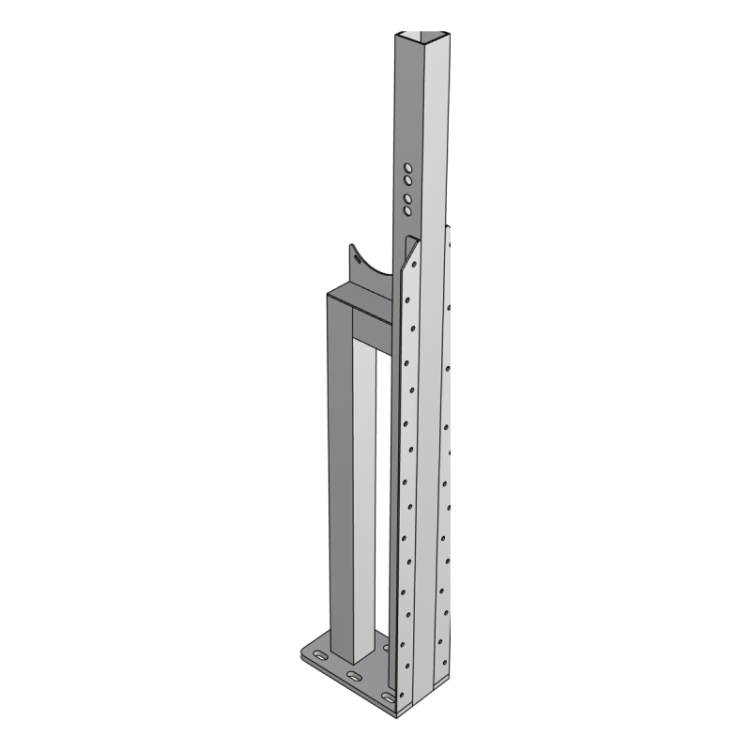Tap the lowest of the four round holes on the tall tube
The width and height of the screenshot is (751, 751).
click(408, 212)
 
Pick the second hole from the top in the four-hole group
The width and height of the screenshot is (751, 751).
click(409, 182)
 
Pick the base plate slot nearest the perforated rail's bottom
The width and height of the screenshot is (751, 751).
click(385, 696)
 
